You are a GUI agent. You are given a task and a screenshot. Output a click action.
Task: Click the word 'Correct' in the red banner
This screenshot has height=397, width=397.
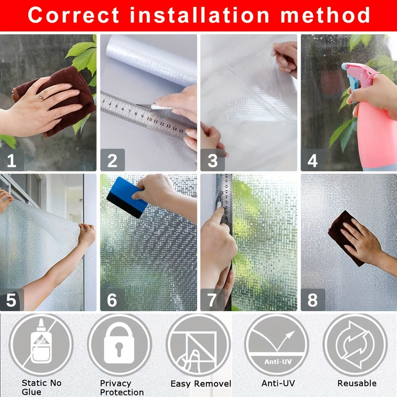pyautogui.click(x=74, y=15)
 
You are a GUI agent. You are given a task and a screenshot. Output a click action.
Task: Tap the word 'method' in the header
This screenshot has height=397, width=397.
pyautogui.click(x=325, y=15)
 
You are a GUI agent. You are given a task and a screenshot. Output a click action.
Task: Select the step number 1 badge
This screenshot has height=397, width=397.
pyautogui.click(x=12, y=160)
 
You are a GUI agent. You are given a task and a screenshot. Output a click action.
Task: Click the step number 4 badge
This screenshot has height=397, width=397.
pyautogui.click(x=313, y=160)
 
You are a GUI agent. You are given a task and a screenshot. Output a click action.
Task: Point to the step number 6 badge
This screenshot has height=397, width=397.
pyautogui.click(x=112, y=300)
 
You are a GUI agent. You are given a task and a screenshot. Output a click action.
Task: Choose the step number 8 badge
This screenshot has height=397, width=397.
pyautogui.click(x=313, y=300)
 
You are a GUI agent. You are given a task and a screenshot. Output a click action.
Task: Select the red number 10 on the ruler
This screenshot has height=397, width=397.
pyautogui.click(x=150, y=118)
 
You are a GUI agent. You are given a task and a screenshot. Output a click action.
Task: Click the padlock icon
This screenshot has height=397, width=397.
pyautogui.click(x=120, y=345)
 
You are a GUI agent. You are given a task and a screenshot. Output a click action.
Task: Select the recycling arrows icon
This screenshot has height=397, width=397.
pyautogui.click(x=355, y=345)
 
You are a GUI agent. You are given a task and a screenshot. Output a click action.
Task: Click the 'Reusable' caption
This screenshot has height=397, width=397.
pyautogui.click(x=357, y=383)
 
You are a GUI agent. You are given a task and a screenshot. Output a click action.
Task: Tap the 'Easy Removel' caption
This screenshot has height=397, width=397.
pyautogui.click(x=201, y=384)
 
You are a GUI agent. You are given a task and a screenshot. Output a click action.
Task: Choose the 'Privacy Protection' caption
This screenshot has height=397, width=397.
pyautogui.click(x=122, y=387)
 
